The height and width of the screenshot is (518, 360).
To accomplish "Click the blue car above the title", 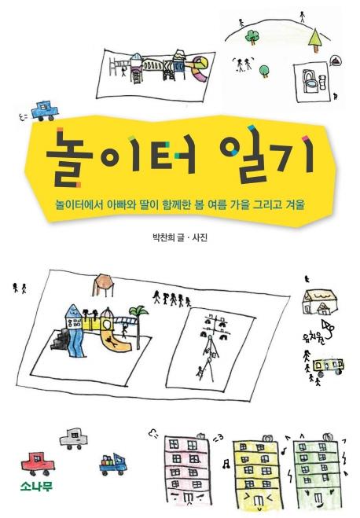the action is (x=45, y=111).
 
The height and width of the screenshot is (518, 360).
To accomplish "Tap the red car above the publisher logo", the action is (x=38, y=463).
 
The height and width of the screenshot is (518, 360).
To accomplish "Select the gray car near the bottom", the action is (x=74, y=439).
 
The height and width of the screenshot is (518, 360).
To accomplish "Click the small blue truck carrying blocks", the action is (x=113, y=464).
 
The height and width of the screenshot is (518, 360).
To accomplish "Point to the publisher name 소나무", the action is (x=36, y=487).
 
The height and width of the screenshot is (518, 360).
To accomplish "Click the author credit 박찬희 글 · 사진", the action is (x=180, y=237).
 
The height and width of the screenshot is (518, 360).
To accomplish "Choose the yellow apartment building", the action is (x=257, y=473).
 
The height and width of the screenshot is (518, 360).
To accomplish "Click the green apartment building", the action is (x=318, y=471).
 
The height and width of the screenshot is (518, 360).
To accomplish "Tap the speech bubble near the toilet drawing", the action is (x=336, y=61).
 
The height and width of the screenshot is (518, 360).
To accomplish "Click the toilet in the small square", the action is (x=310, y=81).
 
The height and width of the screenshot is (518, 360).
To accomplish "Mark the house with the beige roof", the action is (x=320, y=302).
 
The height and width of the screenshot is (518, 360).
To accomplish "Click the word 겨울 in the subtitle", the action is (x=295, y=205).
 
